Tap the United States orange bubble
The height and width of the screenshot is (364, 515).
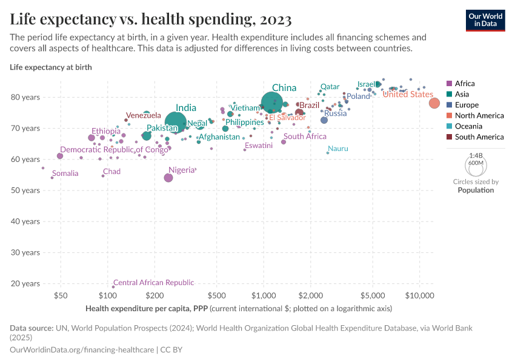coord(434,103)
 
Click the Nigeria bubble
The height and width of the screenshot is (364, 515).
coord(168,178)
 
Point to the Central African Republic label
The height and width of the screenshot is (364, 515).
coord(154,283)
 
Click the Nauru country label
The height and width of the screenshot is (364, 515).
coord(337,149)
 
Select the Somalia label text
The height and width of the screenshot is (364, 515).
coord(65,174)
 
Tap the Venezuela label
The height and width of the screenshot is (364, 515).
coord(144,115)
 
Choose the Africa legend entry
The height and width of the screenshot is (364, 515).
coord(465,84)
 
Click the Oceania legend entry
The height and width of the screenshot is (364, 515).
coord(468,126)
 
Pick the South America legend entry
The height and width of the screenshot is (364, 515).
coord(479,137)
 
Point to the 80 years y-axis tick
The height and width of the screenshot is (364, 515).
coord(25,97)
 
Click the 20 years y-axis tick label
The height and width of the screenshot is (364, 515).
coord(25,283)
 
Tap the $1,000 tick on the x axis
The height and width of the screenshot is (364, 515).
coord(264,296)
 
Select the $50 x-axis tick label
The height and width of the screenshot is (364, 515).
coord(60,296)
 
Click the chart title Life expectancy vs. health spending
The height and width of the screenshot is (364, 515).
coord(151,19)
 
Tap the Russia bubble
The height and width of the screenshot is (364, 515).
coord(324,120)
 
